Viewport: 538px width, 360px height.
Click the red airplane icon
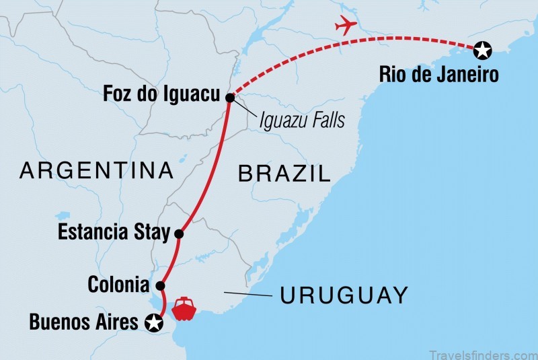point(346,26)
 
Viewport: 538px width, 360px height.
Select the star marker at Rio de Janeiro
point(482,49)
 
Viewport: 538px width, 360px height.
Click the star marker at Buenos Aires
point(155,323)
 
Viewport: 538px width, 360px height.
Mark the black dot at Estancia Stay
point(179,234)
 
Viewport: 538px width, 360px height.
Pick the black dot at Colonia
point(160,285)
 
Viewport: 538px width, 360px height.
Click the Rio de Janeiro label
point(439,73)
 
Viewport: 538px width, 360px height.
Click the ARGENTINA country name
point(97,170)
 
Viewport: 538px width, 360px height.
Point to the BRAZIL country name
point(285,174)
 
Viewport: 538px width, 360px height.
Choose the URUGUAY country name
point(344,295)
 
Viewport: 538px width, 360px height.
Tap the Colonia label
point(118,285)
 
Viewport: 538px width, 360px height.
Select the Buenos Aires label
point(84,323)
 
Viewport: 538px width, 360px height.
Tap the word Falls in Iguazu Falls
point(328,120)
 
